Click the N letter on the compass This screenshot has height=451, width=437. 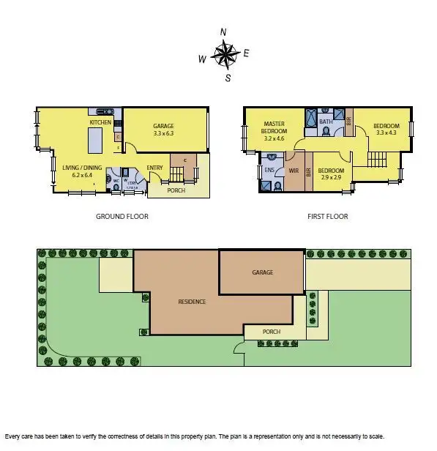[223, 31]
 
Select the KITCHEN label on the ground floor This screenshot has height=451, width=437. [100, 122]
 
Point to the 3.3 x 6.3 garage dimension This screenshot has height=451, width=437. [164, 133]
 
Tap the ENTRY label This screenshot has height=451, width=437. [154, 168]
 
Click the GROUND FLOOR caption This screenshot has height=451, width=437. [122, 217]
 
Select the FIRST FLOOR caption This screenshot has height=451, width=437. [327, 217]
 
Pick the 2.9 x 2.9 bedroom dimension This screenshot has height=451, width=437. [332, 176]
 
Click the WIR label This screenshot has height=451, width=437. [294, 170]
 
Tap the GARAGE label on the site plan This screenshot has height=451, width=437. [262, 272]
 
